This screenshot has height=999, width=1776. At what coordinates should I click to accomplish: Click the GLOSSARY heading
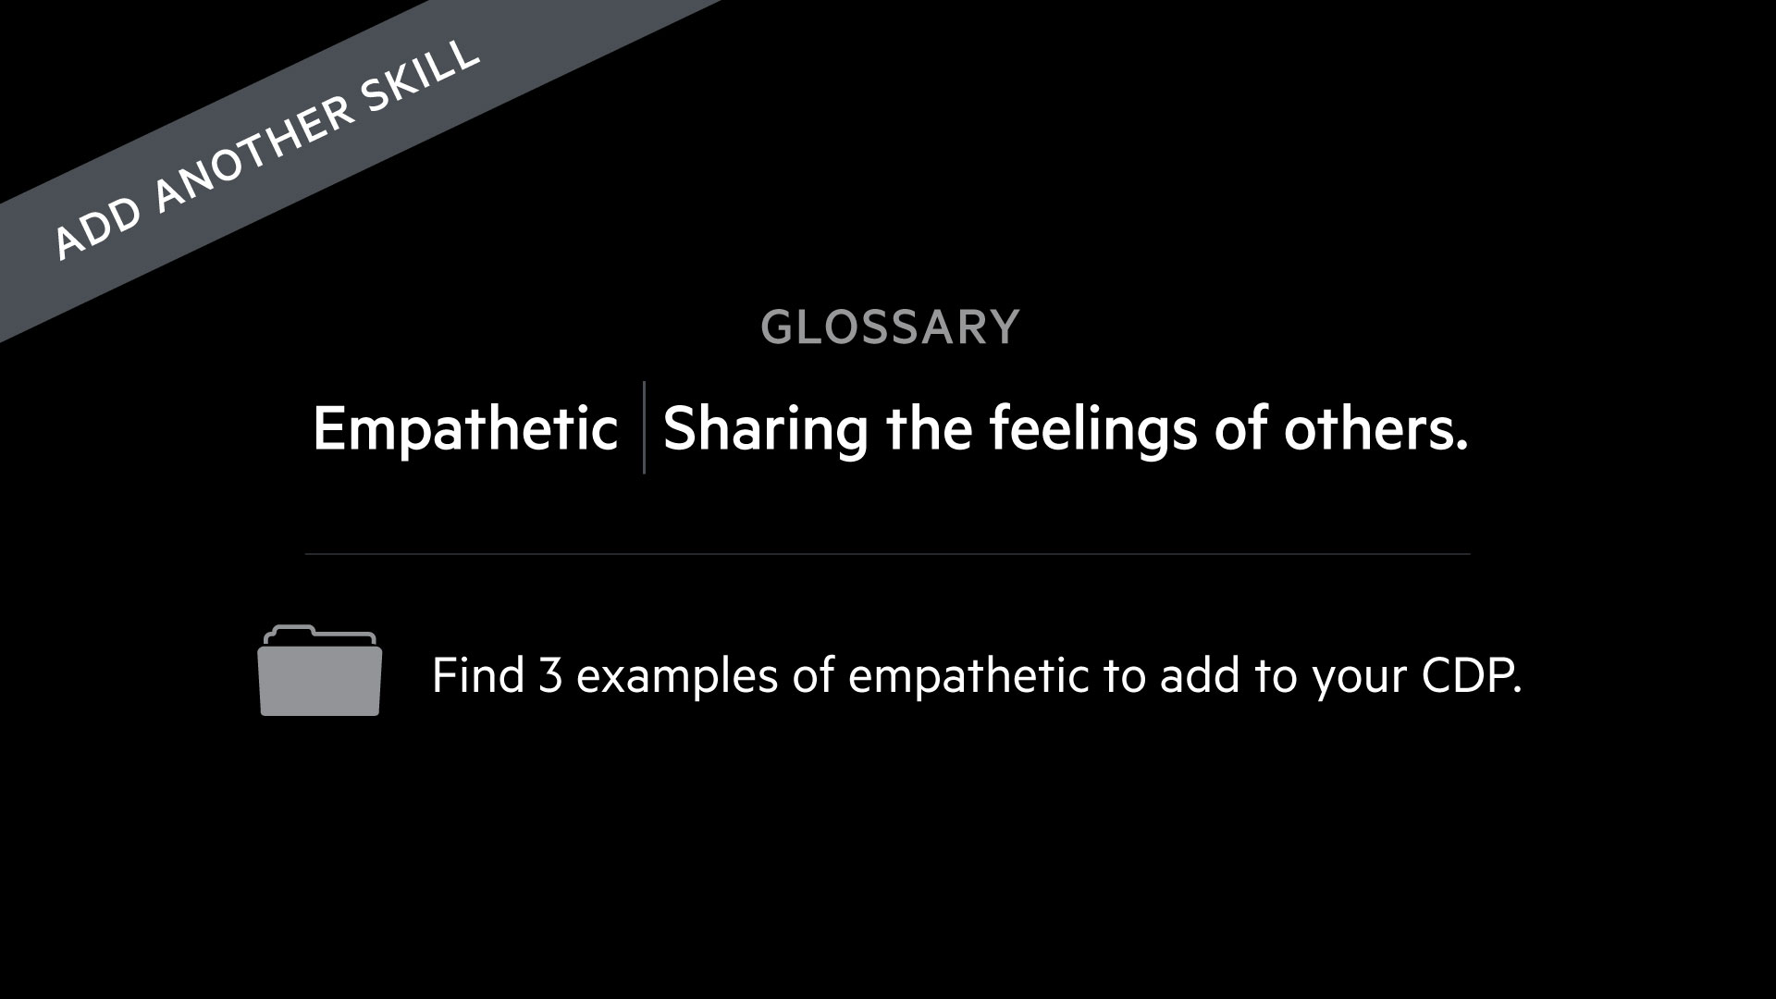pyautogui.click(x=890, y=327)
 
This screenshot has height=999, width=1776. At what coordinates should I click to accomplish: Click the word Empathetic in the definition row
pyautogui.click(x=465, y=429)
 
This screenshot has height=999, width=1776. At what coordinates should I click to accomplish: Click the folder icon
pyautogui.click(x=320, y=671)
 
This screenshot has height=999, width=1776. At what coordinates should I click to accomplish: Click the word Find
pyautogui.click(x=478, y=675)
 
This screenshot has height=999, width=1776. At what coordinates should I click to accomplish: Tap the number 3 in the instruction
pyautogui.click(x=550, y=676)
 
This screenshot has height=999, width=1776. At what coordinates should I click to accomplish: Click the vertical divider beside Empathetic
pyautogui.click(x=644, y=427)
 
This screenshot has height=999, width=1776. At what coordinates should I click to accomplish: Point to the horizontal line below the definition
pyautogui.click(x=887, y=554)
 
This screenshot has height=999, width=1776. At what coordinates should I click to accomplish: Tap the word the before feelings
pyautogui.click(x=930, y=429)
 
